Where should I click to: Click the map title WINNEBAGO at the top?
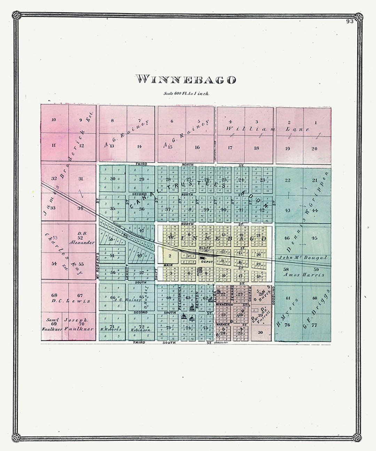click(186, 79)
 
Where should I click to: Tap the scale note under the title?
click(186, 93)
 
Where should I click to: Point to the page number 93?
click(350, 22)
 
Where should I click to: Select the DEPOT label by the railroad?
click(204, 261)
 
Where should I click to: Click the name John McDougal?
click(303, 258)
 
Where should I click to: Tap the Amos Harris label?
click(304, 275)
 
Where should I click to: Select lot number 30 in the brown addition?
click(260, 332)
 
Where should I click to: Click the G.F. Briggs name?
click(316, 309)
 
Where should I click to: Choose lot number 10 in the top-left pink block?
click(54, 120)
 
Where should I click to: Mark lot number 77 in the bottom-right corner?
click(315, 325)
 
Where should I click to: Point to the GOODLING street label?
click(274, 295)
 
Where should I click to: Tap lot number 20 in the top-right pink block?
click(314, 148)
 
